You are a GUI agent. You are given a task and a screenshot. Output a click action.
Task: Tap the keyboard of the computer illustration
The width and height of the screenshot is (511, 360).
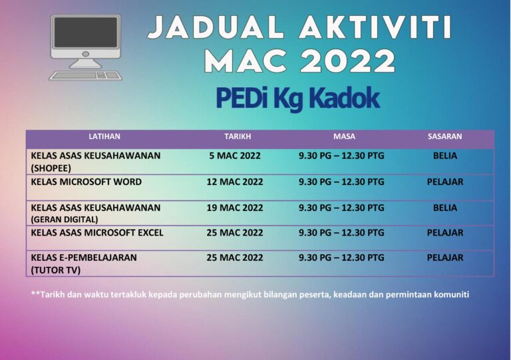pos(86,75)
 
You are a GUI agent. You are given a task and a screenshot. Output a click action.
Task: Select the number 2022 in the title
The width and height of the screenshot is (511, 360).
pos(347,62)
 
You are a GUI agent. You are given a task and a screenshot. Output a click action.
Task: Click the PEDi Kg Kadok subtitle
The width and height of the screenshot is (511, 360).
pos(297,98)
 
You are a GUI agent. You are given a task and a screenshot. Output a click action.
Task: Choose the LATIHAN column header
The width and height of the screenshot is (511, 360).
pos(104,136)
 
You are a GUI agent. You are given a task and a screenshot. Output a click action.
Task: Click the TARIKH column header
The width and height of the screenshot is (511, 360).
pos(238,136)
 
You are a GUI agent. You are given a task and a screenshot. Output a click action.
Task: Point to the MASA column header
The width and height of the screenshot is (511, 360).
pos(344,136)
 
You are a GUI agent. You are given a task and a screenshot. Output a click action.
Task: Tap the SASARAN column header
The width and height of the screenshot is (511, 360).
pos(444,136)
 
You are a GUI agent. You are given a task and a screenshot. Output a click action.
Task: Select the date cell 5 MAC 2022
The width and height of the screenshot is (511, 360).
pos(235,156)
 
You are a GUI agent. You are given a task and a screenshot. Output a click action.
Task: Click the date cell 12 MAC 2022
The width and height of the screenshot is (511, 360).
pos(235,182)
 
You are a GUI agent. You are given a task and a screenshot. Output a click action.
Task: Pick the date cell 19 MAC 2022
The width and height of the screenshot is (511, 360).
pos(235,208)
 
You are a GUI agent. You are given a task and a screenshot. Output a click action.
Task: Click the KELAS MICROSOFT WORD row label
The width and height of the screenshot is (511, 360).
pos(86,182)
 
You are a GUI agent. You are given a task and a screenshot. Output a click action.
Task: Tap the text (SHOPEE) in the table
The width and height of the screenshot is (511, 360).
pos(51,168)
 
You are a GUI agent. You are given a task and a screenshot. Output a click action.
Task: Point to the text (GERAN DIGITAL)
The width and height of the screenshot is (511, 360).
pos(65,219)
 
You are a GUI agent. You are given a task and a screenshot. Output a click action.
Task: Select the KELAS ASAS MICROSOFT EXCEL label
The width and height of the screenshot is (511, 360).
pos(97,233)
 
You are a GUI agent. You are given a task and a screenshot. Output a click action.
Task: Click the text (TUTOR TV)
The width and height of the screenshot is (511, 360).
pos(55,270)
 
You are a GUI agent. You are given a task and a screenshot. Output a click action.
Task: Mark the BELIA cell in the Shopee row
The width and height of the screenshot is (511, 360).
pos(445,156)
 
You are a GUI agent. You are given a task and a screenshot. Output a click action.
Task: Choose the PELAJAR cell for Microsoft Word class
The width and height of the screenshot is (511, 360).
pos(445,182)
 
